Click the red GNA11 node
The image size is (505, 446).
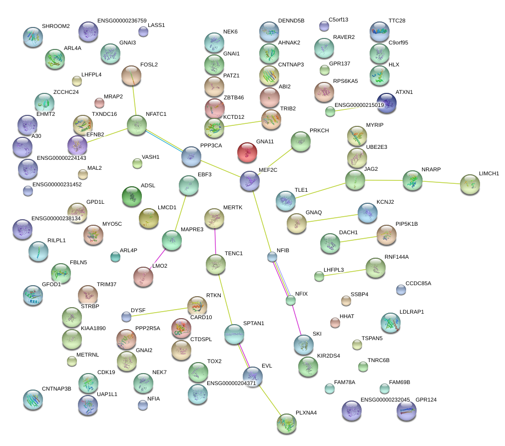point(247,152)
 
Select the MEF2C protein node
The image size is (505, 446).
point(249,181)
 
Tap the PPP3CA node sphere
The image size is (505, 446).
point(191,156)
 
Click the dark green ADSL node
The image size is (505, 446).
point(132,196)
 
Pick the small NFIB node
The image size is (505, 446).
point(272,257)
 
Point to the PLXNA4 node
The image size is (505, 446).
point(286,423)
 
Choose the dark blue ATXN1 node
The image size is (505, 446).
point(387,103)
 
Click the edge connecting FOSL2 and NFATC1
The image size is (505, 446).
point(134,100)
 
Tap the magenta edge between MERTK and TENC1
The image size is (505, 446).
point(215,241)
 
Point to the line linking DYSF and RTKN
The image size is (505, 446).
point(160,311)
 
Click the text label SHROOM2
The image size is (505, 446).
point(55,26)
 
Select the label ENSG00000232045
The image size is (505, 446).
point(385,400)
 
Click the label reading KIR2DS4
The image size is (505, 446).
point(328,356)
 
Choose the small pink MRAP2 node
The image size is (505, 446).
point(99,103)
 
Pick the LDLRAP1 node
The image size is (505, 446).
point(390,323)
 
